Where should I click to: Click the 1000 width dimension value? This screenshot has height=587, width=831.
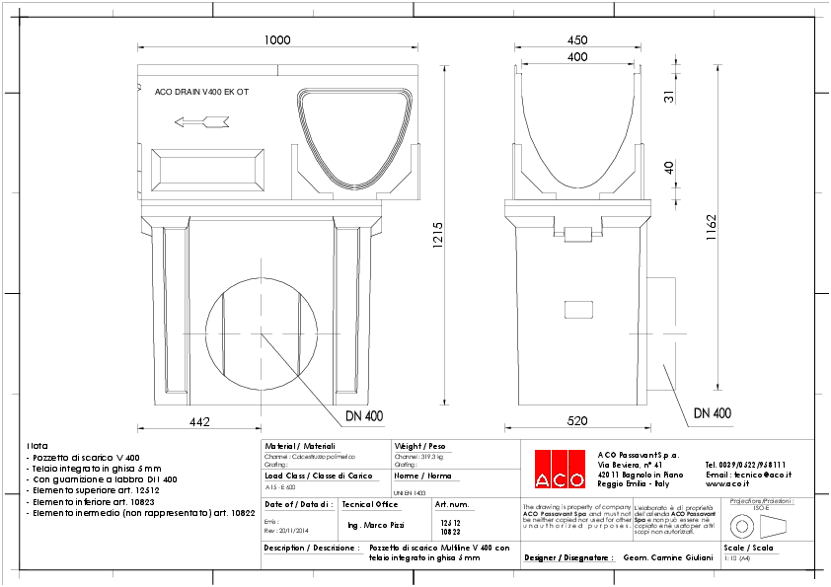tap(277, 39)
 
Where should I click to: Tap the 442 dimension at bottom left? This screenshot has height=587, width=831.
tap(198, 421)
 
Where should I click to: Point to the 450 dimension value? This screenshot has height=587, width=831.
tap(578, 40)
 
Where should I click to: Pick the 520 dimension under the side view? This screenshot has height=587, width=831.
tap(577, 421)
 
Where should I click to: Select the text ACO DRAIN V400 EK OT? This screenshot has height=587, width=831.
tap(201, 91)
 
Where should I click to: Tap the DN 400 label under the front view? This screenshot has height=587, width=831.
tap(364, 415)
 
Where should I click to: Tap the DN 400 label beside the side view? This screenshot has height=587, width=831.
tap(712, 412)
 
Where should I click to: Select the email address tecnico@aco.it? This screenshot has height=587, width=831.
tap(748, 475)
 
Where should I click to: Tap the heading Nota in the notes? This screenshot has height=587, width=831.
tap(38, 446)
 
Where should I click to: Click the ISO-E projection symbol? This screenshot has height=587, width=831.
tap(758, 523)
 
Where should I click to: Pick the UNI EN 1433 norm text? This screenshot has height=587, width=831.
tap(409, 492)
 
